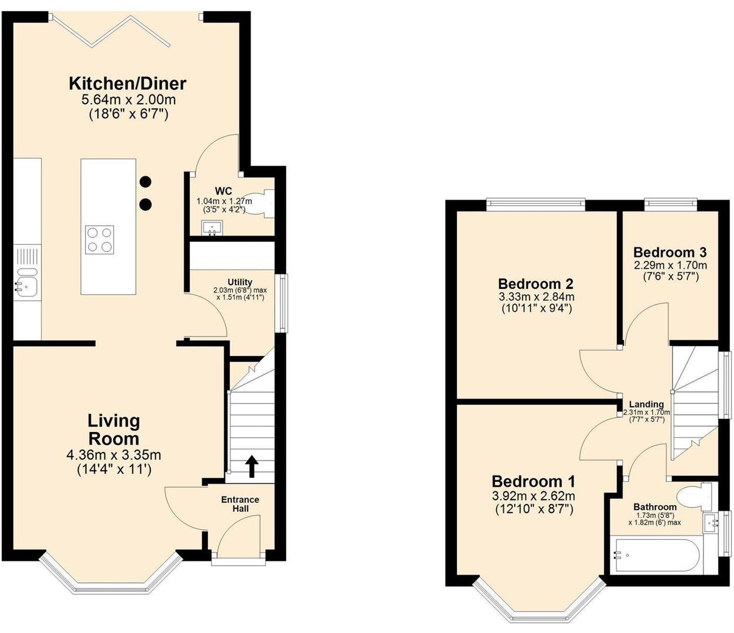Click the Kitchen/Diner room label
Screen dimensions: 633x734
click(x=127, y=83)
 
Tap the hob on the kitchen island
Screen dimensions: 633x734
click(x=99, y=239)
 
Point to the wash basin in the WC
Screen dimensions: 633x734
click(x=212, y=227)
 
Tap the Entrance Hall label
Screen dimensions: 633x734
click(x=240, y=504)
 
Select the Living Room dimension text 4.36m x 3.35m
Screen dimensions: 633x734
click(x=114, y=455)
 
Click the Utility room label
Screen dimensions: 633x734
click(x=240, y=282)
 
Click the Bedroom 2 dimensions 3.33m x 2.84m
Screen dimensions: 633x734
click(x=535, y=297)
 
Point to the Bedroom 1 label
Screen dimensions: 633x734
click(x=533, y=482)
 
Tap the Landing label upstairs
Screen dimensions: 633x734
click(x=646, y=404)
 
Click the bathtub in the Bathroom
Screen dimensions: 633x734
click(x=654, y=554)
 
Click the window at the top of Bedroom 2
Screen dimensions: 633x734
click(x=535, y=204)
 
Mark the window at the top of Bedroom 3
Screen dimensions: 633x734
click(x=670, y=204)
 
